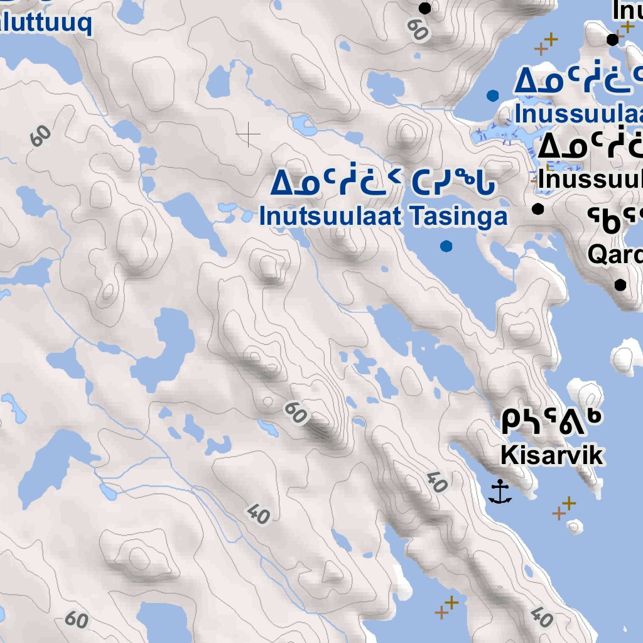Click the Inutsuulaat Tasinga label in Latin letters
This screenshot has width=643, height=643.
[x=383, y=217]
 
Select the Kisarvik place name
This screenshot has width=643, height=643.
[x=552, y=455]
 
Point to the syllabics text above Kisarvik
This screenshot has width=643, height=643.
[x=552, y=423]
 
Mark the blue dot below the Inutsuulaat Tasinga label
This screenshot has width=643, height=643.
[x=446, y=246]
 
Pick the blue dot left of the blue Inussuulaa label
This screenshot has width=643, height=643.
[x=493, y=95]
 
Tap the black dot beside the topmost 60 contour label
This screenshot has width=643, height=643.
[x=425, y=8]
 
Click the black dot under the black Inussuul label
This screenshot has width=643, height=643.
[x=538, y=209]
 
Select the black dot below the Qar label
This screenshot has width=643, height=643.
[x=620, y=285]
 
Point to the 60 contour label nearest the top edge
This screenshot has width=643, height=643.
[x=416, y=28]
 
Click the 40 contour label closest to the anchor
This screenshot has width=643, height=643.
[x=436, y=482]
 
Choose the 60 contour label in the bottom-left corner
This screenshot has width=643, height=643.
[x=76, y=620]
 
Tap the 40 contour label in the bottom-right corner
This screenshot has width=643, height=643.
[x=541, y=616]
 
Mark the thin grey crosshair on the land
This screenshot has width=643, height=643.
[x=249, y=134]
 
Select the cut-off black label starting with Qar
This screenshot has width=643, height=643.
[x=615, y=254]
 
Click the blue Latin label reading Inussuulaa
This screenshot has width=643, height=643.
[x=578, y=115]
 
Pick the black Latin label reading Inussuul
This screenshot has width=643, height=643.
[x=590, y=180]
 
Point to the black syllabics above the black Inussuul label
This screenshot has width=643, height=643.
[x=590, y=148]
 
